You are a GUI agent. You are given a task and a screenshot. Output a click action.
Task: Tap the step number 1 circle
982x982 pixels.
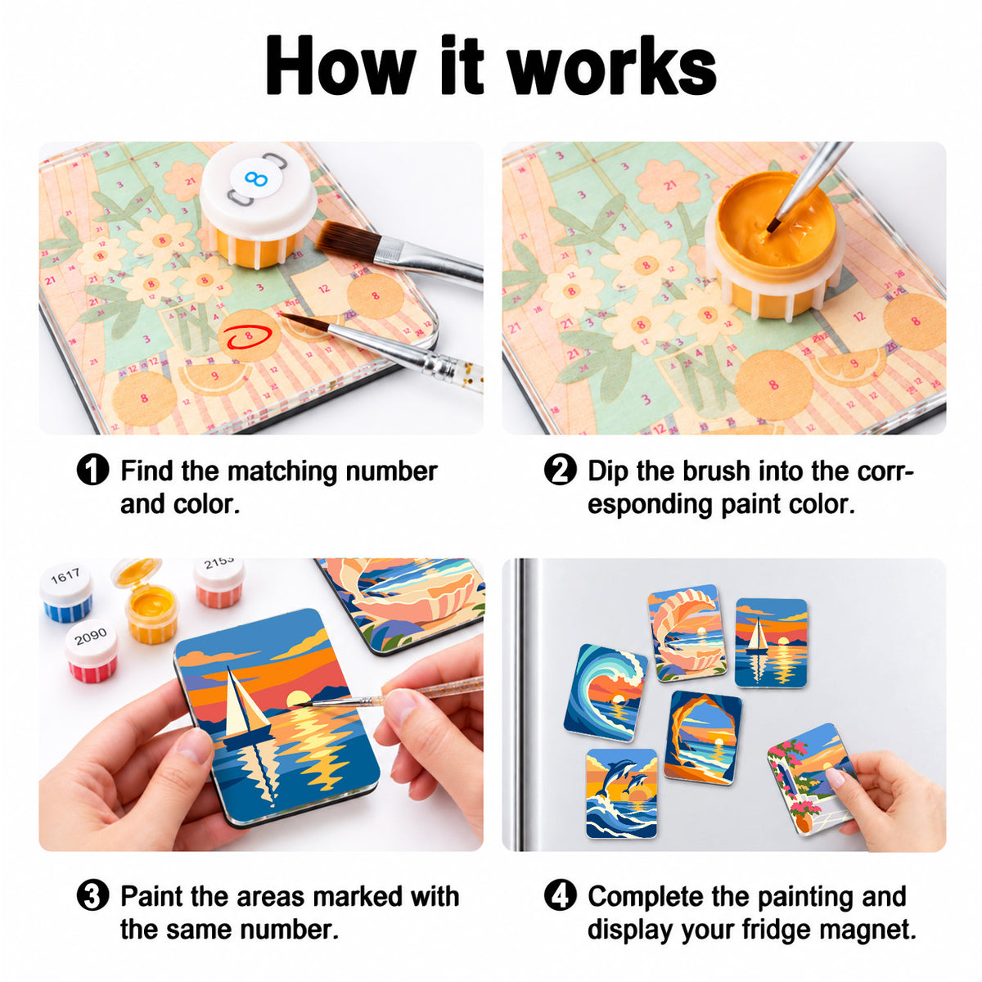[x=92, y=470]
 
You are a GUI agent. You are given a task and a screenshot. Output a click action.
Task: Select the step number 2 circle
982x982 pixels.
[x=560, y=470]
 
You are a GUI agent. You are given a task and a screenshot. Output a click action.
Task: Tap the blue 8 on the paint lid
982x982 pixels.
[x=255, y=178]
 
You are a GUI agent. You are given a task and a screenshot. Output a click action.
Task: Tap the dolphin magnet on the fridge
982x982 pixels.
[x=621, y=792]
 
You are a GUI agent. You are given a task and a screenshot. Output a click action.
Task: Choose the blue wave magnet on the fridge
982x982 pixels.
[x=605, y=692]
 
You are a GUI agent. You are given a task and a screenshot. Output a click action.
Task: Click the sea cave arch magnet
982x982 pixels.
[x=703, y=738]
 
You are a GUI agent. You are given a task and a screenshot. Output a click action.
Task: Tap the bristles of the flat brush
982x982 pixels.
[x=346, y=237]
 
